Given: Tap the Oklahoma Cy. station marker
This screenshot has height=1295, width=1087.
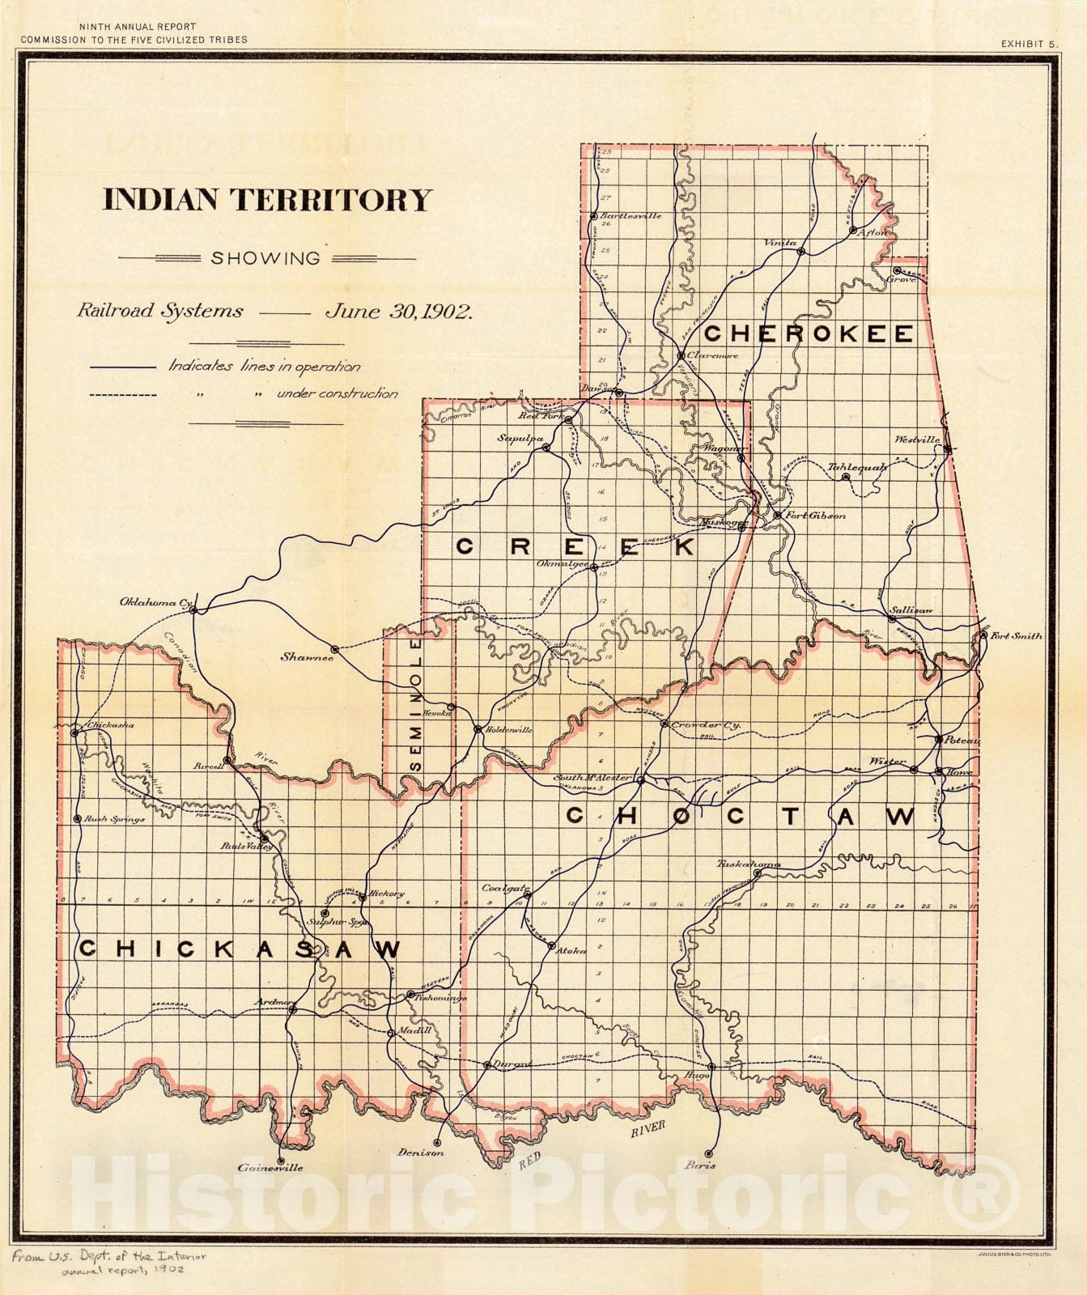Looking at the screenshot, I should click(x=194, y=609).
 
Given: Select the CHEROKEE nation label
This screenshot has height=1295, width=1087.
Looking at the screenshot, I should click(x=809, y=333).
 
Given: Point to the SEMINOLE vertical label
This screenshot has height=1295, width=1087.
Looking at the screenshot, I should click(x=415, y=704).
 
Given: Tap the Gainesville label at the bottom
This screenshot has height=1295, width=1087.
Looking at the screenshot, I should click(x=270, y=1167).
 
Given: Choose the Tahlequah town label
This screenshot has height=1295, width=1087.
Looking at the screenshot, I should click(x=856, y=467).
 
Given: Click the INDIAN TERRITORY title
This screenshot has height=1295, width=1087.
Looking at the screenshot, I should click(x=267, y=200).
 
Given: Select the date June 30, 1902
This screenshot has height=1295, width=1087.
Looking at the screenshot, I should click(x=399, y=312).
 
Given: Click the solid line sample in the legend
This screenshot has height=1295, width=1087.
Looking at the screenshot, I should click(x=122, y=367).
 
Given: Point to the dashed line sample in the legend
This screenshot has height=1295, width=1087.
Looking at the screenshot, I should click(x=122, y=395).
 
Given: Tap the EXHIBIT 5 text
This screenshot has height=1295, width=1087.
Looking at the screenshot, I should click(x=1029, y=45).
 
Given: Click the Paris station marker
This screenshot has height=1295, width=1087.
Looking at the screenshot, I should click(x=710, y=1153).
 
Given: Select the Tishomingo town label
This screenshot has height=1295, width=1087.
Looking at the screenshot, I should click(x=440, y=998).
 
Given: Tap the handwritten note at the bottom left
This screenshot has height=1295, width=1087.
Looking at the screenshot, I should click(x=109, y=1263).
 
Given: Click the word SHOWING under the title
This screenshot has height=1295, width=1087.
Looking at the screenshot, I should click(x=266, y=258).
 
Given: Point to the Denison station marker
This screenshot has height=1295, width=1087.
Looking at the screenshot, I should click(x=437, y=1143).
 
